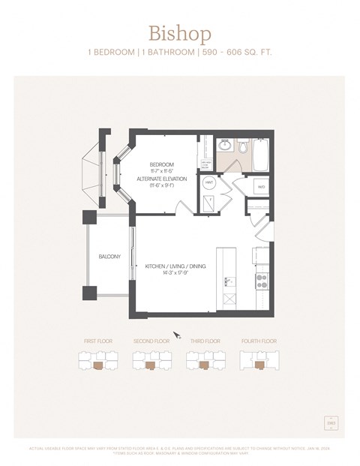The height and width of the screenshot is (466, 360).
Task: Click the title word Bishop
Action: [x=179, y=34]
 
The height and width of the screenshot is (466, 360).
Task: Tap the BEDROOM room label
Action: [x=161, y=164]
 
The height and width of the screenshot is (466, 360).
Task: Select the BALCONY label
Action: [x=109, y=257]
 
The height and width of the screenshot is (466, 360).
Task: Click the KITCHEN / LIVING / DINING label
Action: [x=175, y=266]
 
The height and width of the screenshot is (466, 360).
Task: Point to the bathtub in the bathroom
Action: [x=260, y=155]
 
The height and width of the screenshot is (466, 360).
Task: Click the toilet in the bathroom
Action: [x=242, y=146]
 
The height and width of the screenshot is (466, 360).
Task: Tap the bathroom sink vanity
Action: [x=224, y=145]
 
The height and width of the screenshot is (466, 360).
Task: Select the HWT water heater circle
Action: [x=208, y=182]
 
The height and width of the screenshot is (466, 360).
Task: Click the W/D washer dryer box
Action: [x=261, y=187]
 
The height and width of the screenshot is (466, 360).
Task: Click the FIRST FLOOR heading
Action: [x=97, y=341]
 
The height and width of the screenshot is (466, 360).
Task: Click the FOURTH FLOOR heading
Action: [x=259, y=341]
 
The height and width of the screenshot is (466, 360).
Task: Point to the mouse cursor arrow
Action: [x=177, y=335]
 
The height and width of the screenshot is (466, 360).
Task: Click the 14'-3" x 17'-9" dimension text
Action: [x=175, y=274]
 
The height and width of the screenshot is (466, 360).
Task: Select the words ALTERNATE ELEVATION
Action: [x=161, y=179]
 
